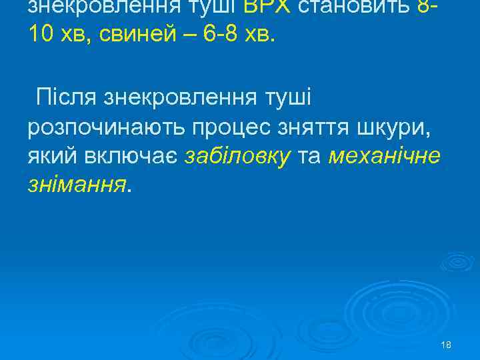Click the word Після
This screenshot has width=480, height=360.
pyautogui.click(x=68, y=97)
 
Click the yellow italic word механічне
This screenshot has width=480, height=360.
pyautogui.click(x=385, y=156)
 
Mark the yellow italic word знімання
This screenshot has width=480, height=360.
pyautogui.click(x=75, y=185)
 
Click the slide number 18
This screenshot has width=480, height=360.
pyautogui.click(x=446, y=345)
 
